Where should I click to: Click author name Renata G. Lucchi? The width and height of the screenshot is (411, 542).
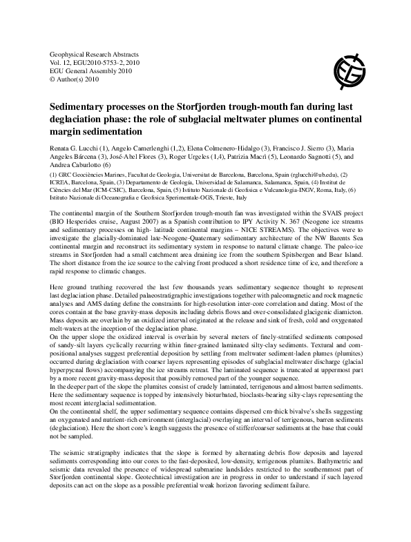[74, 147]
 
